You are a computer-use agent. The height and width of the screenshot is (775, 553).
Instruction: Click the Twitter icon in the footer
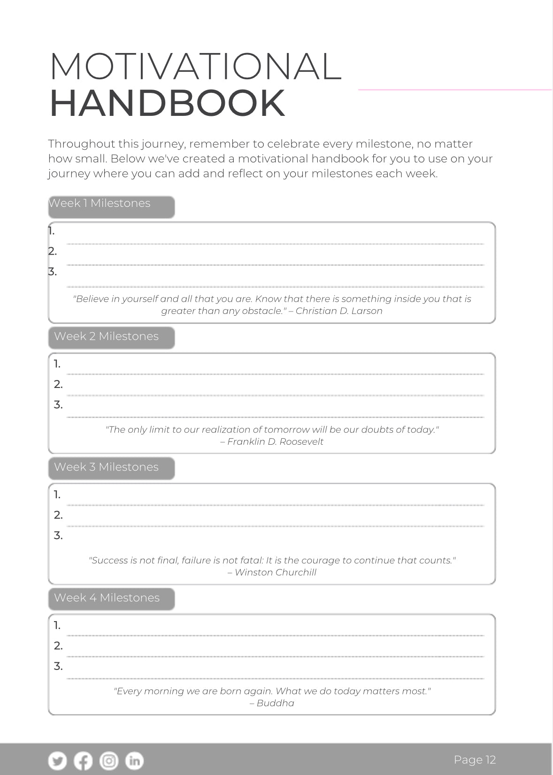click(58, 760)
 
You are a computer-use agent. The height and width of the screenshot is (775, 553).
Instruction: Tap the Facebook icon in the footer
click(84, 760)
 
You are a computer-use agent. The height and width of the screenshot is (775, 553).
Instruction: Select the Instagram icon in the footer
click(109, 760)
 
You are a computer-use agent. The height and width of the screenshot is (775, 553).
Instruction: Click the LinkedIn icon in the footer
click(134, 760)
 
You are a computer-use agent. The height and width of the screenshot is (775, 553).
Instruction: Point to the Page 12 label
click(475, 760)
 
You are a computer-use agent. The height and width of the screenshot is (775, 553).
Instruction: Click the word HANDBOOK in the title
click(167, 103)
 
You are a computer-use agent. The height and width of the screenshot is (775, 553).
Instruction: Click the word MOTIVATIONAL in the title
click(195, 67)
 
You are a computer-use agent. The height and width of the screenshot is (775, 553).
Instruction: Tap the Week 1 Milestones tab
click(111, 207)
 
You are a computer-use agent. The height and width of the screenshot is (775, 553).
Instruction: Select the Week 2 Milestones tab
click(111, 337)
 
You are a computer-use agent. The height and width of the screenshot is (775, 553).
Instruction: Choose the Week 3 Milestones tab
click(111, 468)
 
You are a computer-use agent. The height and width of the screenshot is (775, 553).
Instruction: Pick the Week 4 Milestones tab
click(111, 599)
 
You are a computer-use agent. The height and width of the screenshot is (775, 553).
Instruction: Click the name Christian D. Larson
click(339, 311)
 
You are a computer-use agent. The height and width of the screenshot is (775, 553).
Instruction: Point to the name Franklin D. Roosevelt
click(275, 441)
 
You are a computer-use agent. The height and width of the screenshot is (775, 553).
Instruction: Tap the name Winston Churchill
click(276, 572)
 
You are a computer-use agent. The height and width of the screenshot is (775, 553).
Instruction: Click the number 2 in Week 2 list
click(58, 385)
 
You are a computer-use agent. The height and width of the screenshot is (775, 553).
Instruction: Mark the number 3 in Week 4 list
click(58, 666)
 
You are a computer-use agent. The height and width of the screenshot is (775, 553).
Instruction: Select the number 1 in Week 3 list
click(57, 494)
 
